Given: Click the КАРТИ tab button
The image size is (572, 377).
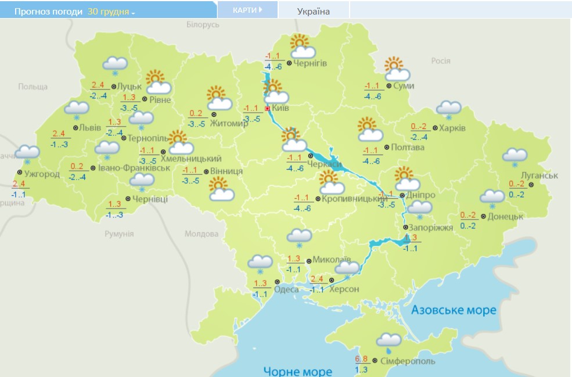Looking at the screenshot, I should pyautogui.click(x=247, y=10).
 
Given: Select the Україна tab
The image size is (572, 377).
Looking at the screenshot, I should pyautogui.click(x=313, y=11).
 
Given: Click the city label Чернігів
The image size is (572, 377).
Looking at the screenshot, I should pyautogui.click(x=311, y=63).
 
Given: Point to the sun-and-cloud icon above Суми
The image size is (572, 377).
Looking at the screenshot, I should pyautogui.click(x=397, y=69).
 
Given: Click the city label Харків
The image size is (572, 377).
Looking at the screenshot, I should pyautogui.click(x=452, y=128).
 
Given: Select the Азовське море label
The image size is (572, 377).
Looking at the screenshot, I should pyautogui.click(x=454, y=310).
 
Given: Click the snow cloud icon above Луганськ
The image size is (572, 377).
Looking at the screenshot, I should pyautogui.click(x=515, y=156).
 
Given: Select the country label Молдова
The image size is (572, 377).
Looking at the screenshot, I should pyautogui.click(x=201, y=234).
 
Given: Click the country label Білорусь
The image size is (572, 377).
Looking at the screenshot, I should pyautogui.click(x=203, y=24).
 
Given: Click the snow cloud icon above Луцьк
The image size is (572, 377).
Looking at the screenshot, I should pyautogui.click(x=114, y=65).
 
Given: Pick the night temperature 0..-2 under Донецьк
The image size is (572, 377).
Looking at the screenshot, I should pyautogui.click(x=468, y=225).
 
